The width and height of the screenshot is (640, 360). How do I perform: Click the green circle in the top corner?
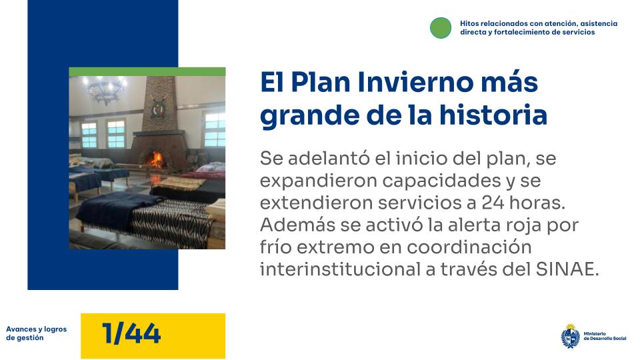click(441, 27)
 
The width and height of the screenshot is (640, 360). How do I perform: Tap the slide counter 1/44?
click(132, 333)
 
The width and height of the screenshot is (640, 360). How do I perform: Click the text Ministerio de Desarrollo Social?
click(605, 336)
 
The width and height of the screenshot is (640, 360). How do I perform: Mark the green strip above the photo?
click(147, 71)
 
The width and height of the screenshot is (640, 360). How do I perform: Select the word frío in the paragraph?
click(277, 246)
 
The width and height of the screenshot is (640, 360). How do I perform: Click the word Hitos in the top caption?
click(470, 23)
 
